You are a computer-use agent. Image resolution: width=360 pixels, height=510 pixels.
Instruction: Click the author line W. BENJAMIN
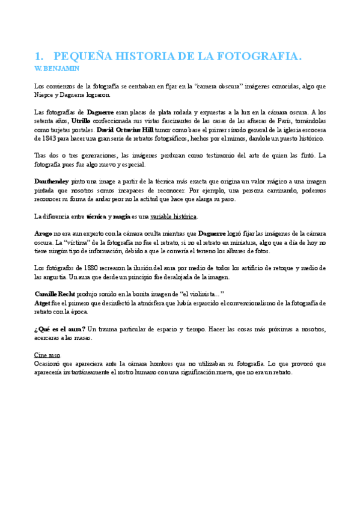pyautogui.click(x=57, y=69)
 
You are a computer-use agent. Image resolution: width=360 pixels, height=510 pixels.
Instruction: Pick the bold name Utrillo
pyautogui.click(x=82, y=121)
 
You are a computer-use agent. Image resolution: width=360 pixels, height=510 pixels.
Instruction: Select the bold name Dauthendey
pyautogui.click(x=52, y=182)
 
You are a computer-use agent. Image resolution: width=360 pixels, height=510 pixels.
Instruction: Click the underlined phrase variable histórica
pyautogui.click(x=174, y=217)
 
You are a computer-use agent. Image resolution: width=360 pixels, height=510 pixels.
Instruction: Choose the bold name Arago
pyautogui.click(x=43, y=233)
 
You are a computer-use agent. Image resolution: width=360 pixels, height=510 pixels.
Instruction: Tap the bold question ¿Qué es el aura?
pyautogui.click(x=60, y=329)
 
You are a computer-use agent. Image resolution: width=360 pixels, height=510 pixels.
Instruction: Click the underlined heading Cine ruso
pyautogui.click(x=47, y=355)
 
